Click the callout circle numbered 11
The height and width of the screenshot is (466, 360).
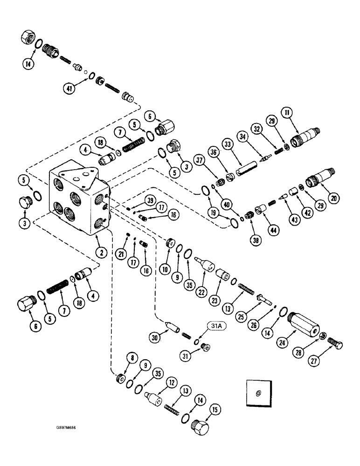click(287, 112)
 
